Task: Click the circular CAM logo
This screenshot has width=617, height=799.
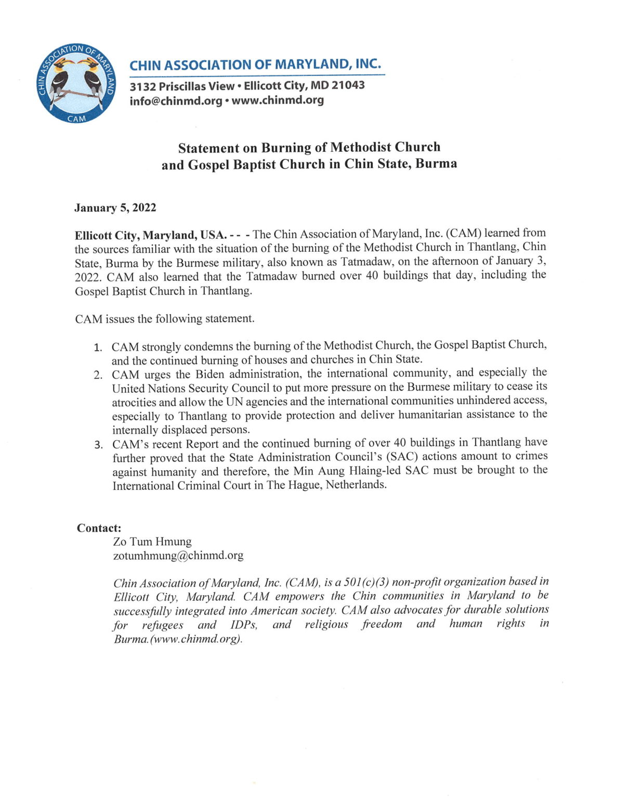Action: [77, 84]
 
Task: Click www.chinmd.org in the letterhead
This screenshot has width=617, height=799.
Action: [278, 100]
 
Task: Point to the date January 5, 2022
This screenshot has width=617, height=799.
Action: [115, 208]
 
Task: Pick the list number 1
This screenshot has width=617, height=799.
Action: [98, 347]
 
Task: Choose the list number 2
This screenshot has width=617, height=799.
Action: [98, 375]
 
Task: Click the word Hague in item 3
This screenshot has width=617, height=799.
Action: [305, 485]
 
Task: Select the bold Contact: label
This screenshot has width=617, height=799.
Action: [99, 528]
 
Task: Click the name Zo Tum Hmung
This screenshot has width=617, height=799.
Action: [152, 542]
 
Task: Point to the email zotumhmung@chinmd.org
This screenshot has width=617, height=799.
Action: [178, 556]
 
